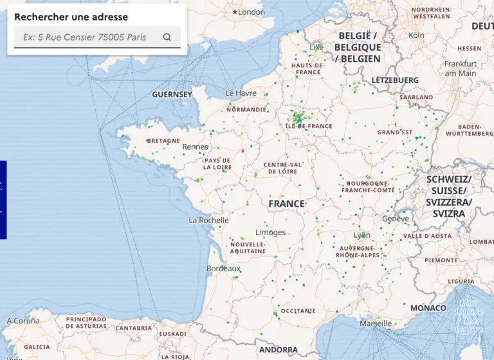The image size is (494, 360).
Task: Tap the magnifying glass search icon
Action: [x=167, y=37]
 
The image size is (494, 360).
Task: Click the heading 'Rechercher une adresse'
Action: [x=71, y=17]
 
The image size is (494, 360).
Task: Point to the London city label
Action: [x=251, y=12]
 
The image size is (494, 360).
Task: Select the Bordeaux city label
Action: [x=223, y=268]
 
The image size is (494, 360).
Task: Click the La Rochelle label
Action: [x=208, y=220]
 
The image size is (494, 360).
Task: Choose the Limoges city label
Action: [x=270, y=232]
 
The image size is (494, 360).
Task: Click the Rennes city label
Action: [x=195, y=147]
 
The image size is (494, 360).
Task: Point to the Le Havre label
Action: [x=241, y=93]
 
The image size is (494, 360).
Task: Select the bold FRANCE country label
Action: [x=286, y=204]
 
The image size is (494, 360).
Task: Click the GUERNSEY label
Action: [x=172, y=94]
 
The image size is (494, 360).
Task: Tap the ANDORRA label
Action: [x=279, y=350]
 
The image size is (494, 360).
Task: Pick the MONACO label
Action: [x=428, y=308]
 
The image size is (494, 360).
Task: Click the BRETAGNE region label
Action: [x=163, y=140]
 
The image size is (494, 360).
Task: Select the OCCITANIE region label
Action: [x=298, y=310]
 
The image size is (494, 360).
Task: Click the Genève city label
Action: [x=395, y=219]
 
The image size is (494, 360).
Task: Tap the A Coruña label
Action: [x=23, y=321]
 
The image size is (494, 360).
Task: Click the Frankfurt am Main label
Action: [x=461, y=68]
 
